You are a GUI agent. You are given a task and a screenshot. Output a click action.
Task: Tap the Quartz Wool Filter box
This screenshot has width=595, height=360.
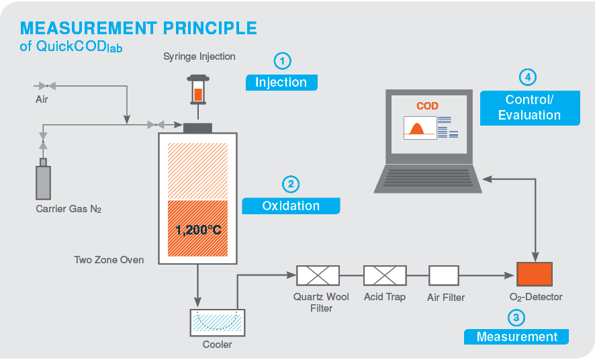click(318, 275)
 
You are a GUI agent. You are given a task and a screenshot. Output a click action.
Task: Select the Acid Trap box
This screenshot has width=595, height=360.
click(385, 275)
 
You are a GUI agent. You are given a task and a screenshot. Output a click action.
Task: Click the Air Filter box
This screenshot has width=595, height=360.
click(444, 275)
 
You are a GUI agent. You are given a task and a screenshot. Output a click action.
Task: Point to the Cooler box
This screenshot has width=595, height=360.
click(218, 323)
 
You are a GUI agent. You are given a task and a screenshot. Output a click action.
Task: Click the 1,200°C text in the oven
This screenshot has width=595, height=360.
click(198, 230)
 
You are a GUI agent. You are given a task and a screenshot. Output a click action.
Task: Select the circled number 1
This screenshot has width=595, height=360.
click(282, 61)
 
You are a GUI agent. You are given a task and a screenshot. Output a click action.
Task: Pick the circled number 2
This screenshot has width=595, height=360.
click(290, 184)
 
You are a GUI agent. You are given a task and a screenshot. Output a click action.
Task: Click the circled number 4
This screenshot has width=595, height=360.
click(529, 77)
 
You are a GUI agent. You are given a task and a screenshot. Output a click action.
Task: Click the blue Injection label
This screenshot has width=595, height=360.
click(281, 83)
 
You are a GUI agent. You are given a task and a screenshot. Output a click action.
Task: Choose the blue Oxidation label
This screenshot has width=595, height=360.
click(291, 206)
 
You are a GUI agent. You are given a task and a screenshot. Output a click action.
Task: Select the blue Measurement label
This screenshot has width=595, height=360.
click(516, 336)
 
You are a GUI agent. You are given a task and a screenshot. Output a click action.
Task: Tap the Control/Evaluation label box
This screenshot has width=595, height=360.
click(529, 107)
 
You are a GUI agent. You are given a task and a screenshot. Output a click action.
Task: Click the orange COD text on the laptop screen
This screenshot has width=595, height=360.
click(427, 106)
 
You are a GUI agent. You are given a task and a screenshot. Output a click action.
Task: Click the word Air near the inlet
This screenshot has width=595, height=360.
click(42, 100)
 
